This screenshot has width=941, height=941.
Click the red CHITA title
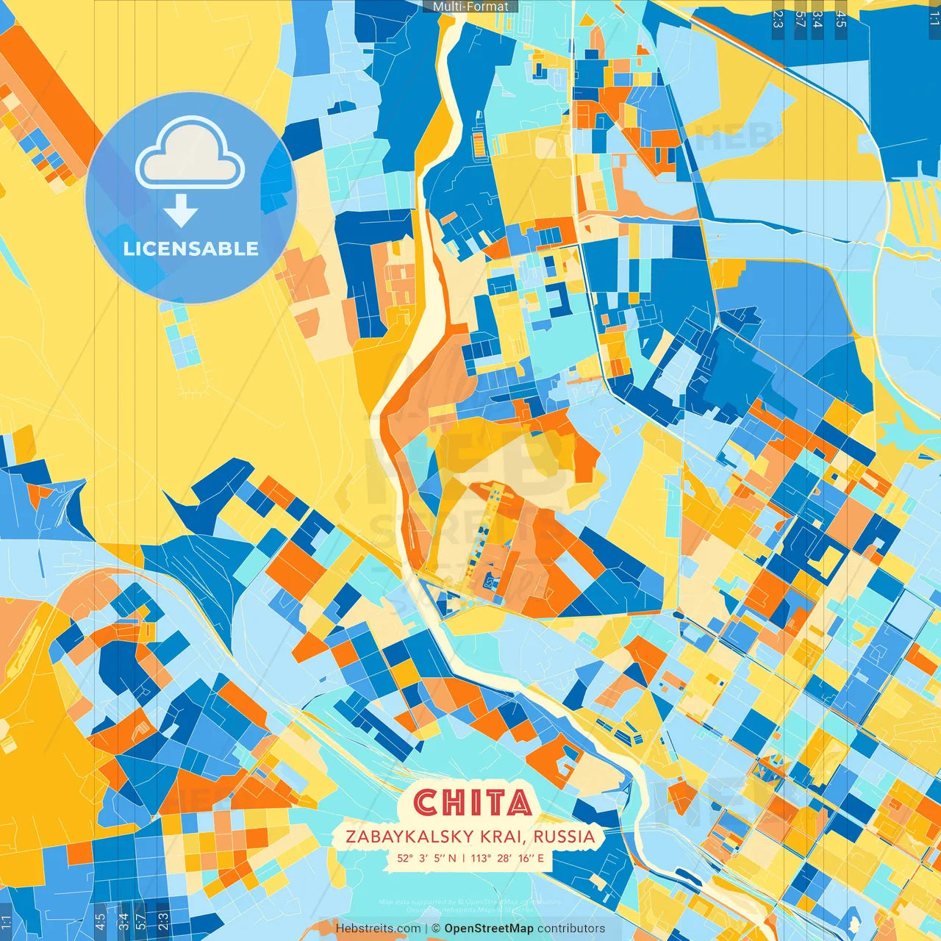[x=473, y=803]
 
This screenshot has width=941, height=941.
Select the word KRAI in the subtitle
[x=505, y=837]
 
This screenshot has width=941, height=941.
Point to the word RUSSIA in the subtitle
[x=565, y=837]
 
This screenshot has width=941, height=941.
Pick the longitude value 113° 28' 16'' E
[x=507, y=858]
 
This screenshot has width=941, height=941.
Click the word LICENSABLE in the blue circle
[x=191, y=248]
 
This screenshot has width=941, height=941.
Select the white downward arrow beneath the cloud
[x=181, y=212]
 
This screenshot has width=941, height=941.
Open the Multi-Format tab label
[x=470, y=7]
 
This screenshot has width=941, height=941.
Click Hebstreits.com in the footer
[x=378, y=929]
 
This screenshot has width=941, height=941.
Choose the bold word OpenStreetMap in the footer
[x=489, y=929]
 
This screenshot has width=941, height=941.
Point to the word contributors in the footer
[x=571, y=929]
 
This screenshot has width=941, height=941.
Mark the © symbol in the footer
[x=437, y=929]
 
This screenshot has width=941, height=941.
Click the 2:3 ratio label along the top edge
[x=778, y=18]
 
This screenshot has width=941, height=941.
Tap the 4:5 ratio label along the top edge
[x=841, y=18]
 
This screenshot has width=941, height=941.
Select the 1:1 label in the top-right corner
[x=934, y=18]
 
